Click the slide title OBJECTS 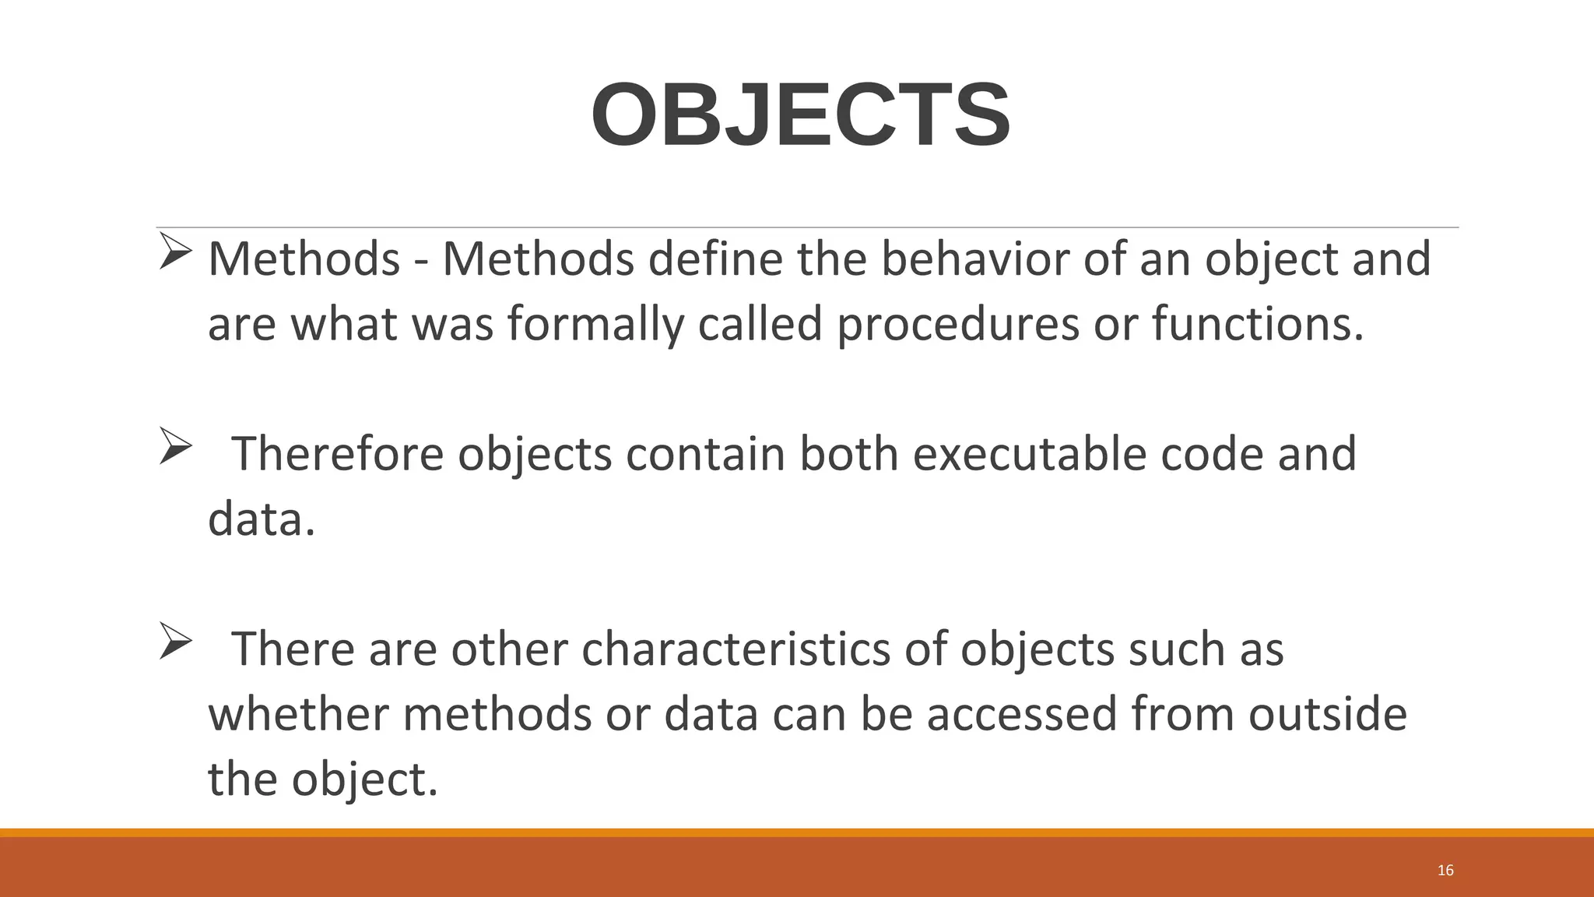pyautogui.click(x=800, y=115)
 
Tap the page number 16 pyautogui.click(x=1445, y=871)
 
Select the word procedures pyautogui.click(x=958, y=324)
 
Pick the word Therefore pyautogui.click(x=338, y=454)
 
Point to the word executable pyautogui.click(x=1029, y=454)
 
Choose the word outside pyautogui.click(x=1328, y=714)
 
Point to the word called pyautogui.click(x=760, y=324)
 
